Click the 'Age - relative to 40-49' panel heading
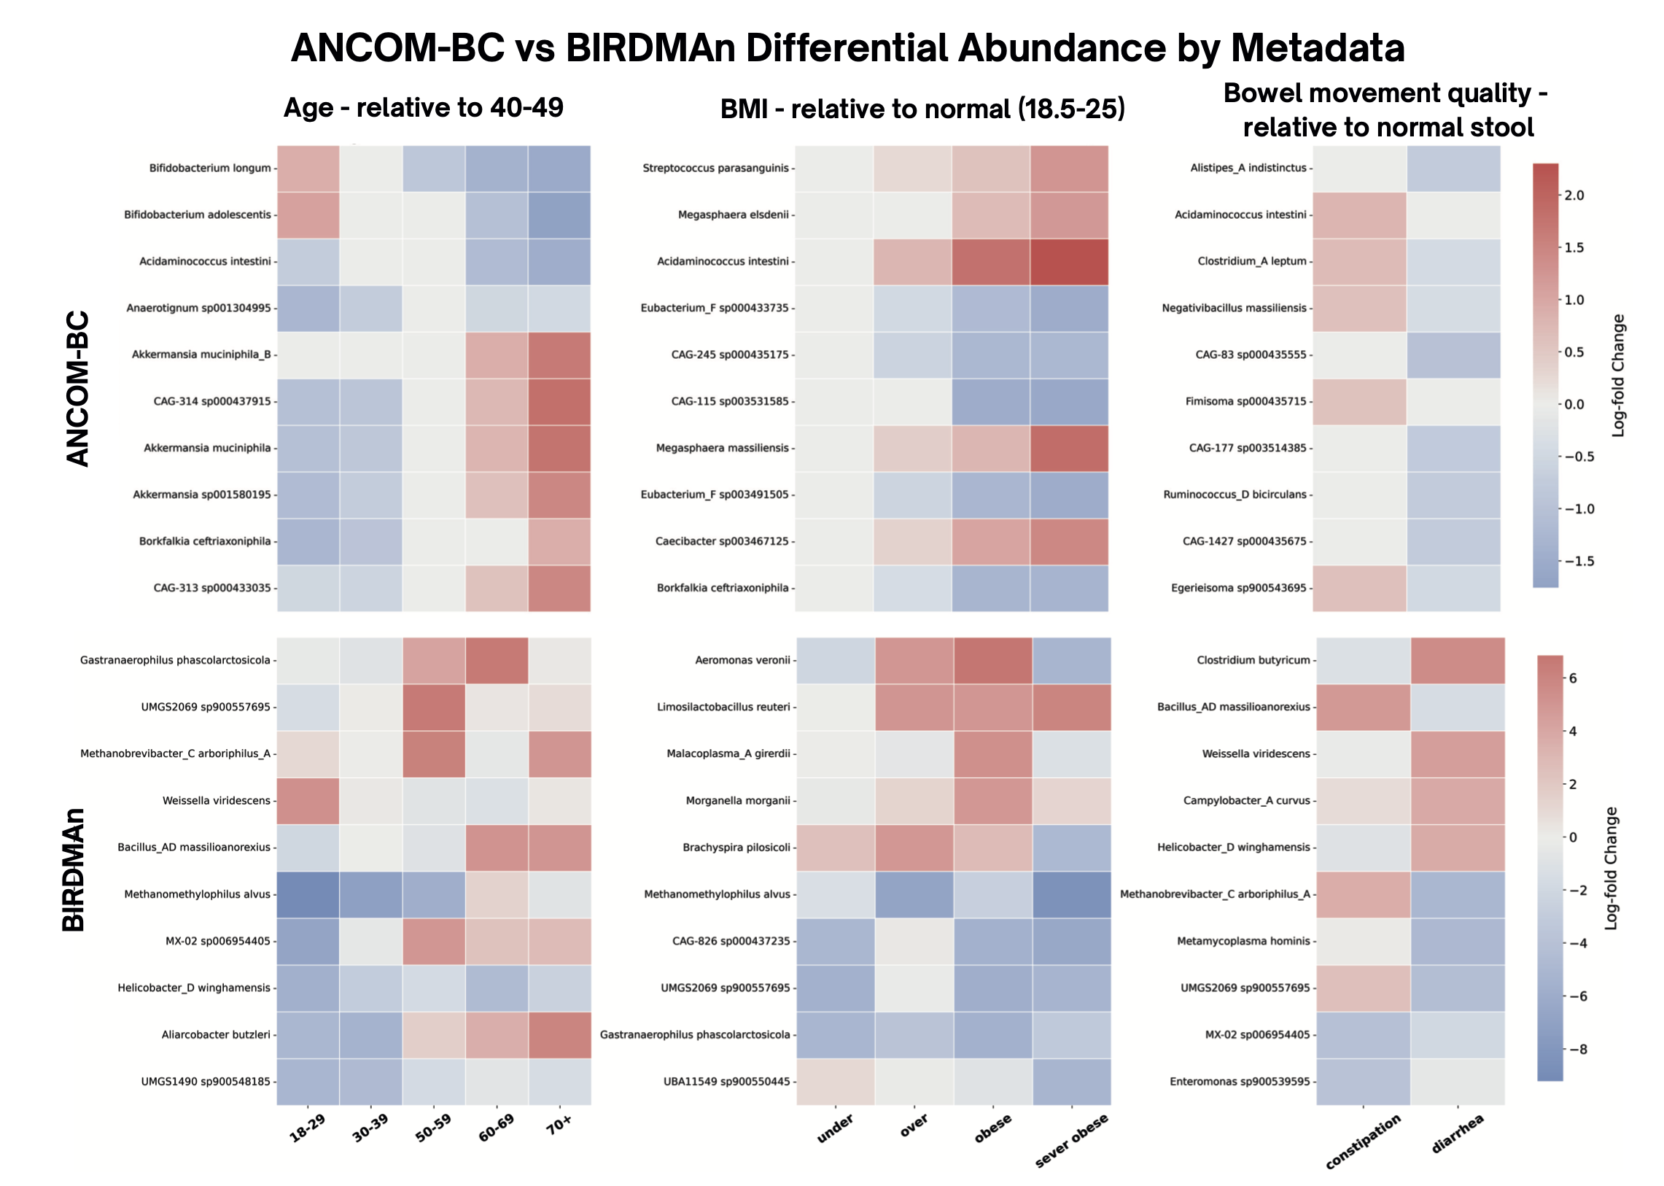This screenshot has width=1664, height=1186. coord(424,108)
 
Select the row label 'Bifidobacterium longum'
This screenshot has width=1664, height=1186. coord(210,168)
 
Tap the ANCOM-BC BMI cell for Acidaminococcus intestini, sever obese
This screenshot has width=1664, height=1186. coord(1069,261)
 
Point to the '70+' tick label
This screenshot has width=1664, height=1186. coord(559,1125)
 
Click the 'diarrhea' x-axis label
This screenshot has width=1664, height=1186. coord(1458,1133)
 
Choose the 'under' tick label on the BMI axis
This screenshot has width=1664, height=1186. coord(835,1129)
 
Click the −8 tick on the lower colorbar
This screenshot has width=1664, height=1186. coord(1577,1050)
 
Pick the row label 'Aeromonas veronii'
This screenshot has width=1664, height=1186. coord(742,660)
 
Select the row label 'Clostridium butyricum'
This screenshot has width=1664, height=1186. coord(1253,660)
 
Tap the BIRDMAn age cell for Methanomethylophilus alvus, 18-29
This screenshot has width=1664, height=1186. coord(308,895)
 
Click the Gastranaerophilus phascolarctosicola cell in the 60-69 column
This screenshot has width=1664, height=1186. coord(497,661)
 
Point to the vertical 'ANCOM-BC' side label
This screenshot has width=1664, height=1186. coord(77,389)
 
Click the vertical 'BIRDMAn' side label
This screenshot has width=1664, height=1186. coord(74,869)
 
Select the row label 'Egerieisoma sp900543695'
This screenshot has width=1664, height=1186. coord(1239,588)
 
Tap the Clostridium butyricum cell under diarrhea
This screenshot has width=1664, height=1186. coord(1458,661)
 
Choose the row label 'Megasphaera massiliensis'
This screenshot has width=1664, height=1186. coord(722,448)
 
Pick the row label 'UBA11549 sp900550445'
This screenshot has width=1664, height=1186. coord(726,1082)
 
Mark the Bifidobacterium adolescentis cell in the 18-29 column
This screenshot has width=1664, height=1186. coord(308,214)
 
